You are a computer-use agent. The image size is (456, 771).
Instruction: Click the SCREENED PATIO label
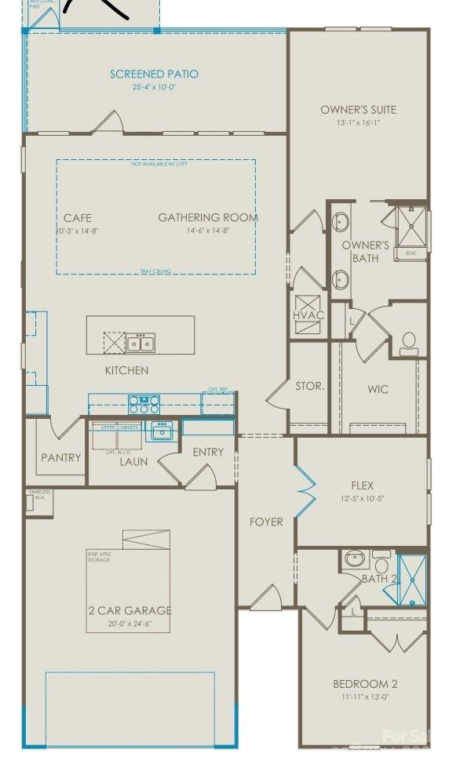pos(154,75)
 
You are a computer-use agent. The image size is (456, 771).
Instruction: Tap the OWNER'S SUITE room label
pos(358,110)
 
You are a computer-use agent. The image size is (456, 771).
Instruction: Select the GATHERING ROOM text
pos(208,217)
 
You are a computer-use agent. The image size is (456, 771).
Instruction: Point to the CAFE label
pos(78,218)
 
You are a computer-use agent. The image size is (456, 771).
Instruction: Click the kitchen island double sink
pos(141,343)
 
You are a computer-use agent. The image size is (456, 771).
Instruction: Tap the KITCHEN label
pos(127,370)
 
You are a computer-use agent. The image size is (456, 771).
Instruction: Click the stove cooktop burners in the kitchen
pos(144,405)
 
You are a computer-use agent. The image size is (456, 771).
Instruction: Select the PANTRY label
pos(61,457)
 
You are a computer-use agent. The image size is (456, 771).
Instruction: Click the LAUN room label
pos(133,462)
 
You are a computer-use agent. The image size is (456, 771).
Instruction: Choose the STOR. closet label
pos(309,387)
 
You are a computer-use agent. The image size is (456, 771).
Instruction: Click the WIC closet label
pos(378,389)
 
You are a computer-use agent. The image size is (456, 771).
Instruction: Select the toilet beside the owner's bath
pos(408,343)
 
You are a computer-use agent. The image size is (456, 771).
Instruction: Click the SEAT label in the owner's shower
pos(410,253)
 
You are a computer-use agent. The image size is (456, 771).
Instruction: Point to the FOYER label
pos(266,522)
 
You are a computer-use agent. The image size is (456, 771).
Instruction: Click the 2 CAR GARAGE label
pos(130,610)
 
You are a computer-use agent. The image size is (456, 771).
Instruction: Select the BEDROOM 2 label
pos(366,684)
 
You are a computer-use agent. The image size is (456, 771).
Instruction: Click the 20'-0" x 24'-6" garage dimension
pos(130,624)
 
